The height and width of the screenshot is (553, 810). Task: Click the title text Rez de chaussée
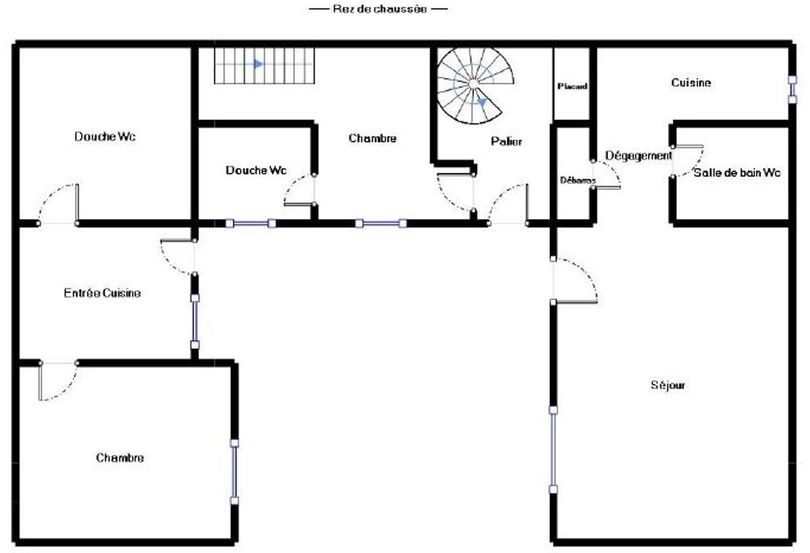pos(379,9)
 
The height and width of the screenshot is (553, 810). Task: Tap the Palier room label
pos(506,142)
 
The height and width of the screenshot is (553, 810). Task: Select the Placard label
pos(572,87)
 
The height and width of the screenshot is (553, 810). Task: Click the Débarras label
pos(577,180)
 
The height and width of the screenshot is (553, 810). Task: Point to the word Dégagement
pos(638,156)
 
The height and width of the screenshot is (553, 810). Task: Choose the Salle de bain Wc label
pos(737,173)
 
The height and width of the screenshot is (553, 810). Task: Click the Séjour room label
pos(668,386)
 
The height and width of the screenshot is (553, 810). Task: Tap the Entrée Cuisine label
pos(102,293)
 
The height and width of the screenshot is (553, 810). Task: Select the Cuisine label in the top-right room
pos(691,83)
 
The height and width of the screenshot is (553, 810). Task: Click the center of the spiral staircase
pos(472,85)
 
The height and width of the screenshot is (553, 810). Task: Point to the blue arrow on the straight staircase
pos(258,64)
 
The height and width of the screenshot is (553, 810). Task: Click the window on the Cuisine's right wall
pos(792,89)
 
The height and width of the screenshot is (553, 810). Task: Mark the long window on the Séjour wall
pos(553,449)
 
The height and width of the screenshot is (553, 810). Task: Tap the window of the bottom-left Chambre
pos(234,472)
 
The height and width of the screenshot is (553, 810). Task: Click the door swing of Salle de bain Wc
pos(688,160)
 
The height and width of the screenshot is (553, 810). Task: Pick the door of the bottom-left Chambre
pos(58,381)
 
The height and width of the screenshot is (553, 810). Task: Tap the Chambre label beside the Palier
pos(372,139)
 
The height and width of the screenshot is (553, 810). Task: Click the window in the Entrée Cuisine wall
pos(195,321)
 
